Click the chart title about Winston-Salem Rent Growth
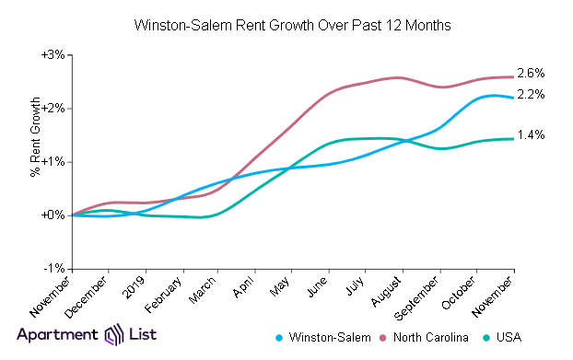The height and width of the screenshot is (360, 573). [292, 25]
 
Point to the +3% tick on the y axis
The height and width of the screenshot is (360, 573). [53, 54]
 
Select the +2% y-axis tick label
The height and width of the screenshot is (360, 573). [53, 108]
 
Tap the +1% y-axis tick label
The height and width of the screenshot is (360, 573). [53, 161]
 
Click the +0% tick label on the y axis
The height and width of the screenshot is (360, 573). [53, 215]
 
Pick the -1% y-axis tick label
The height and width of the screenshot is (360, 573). [53, 268]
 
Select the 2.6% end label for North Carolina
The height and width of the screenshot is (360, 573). [532, 73]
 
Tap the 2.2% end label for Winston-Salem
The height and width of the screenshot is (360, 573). [532, 95]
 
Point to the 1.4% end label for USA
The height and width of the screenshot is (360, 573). [532, 135]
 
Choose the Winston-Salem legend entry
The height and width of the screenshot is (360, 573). [325, 338]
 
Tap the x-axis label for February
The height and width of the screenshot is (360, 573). [167, 293]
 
